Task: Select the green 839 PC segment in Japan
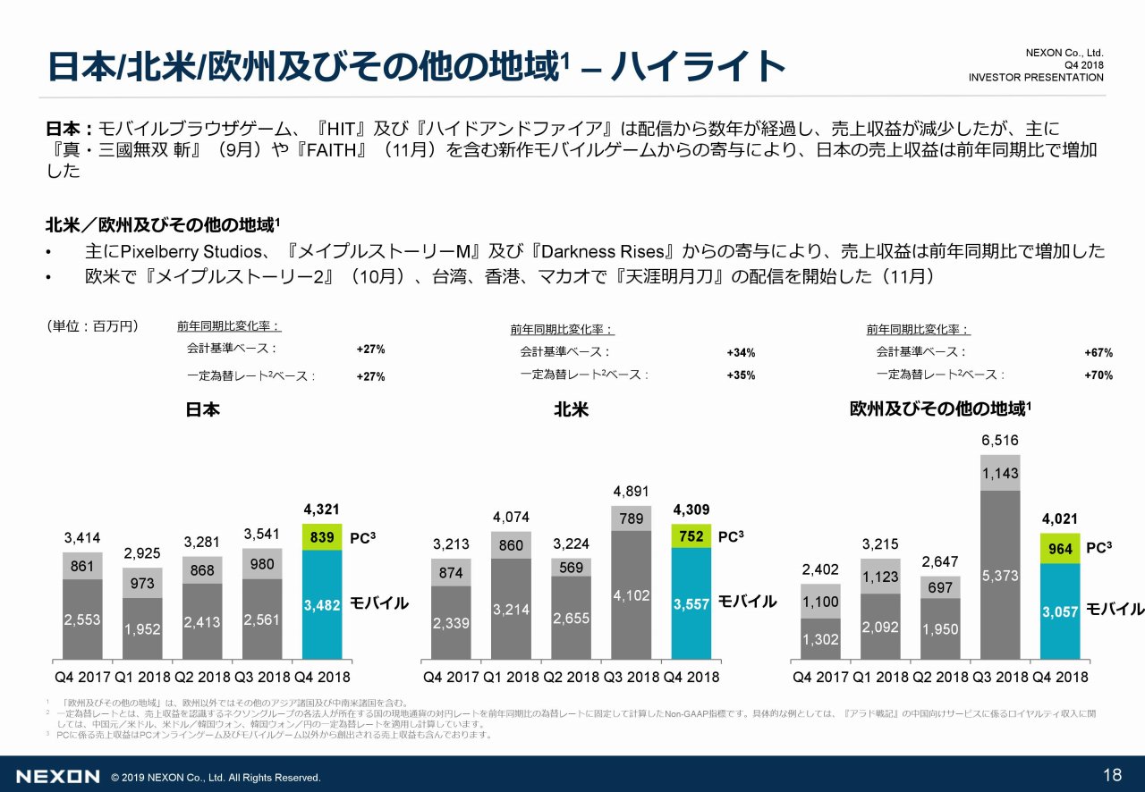(322, 538)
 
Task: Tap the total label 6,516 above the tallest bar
(999, 441)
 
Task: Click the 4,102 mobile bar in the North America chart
(631, 594)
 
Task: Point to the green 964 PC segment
(1060, 549)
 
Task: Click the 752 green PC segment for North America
(691, 536)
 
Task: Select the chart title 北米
(571, 410)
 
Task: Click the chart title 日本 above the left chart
(202, 410)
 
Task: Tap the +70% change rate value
(1098, 375)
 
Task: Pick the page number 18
(1113, 774)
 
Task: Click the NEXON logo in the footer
(57, 776)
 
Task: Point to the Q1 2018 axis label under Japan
(142, 677)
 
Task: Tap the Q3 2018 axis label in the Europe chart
(1000, 677)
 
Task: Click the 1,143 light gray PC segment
(1000, 473)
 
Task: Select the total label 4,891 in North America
(631, 491)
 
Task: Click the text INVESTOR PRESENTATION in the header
(1035, 78)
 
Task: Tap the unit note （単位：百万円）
(92, 326)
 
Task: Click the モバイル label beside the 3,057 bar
(1115, 610)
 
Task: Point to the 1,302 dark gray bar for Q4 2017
(820, 639)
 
